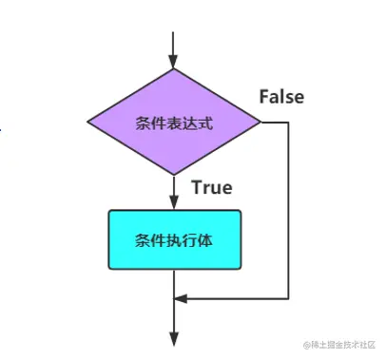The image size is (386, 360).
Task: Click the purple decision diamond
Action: point(173,122)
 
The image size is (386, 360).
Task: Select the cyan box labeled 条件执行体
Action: point(173,239)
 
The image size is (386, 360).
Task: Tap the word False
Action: point(283,96)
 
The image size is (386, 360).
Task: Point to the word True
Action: point(211,187)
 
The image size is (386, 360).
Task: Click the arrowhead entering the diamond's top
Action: point(173,62)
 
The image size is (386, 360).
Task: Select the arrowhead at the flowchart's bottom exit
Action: point(173,336)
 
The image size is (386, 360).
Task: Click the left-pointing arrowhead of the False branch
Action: point(181,297)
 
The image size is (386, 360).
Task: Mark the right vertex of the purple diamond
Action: point(260,122)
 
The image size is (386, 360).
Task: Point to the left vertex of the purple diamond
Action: point(87,122)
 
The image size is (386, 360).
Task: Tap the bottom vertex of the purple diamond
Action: point(173,174)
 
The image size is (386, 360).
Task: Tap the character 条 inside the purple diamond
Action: point(141,123)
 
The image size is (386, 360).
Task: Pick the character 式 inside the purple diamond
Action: point(204,123)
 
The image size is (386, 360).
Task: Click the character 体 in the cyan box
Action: point(204,240)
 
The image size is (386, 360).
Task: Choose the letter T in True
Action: point(197,187)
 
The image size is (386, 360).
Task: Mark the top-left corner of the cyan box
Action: point(108,212)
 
